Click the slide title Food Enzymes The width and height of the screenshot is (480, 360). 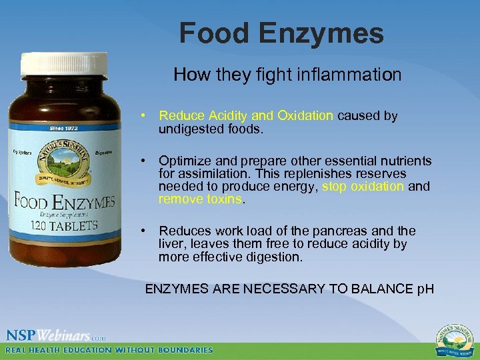click(281, 33)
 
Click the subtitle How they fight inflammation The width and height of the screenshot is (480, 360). click(287, 75)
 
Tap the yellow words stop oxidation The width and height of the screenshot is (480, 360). click(363, 187)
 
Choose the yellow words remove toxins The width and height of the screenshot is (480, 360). click(201, 199)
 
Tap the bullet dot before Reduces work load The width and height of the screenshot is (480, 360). click(145, 231)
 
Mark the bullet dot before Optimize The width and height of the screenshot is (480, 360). click(145, 161)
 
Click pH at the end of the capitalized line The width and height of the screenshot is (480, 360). click(425, 289)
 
